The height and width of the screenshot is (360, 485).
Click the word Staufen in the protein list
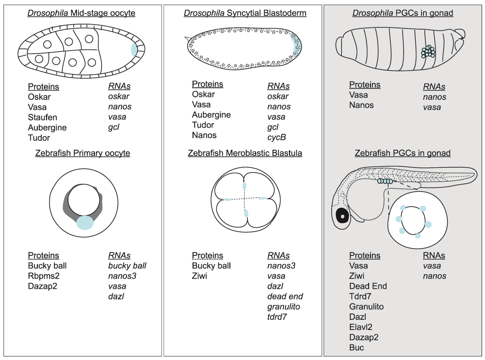click(42, 117)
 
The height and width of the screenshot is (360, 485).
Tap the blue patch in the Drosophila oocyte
click(134, 49)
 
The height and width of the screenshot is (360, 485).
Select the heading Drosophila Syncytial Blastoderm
click(245, 13)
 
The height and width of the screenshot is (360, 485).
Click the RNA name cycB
click(276, 137)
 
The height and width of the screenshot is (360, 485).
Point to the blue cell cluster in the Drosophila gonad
click(428, 52)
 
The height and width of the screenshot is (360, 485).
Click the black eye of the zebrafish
click(342, 216)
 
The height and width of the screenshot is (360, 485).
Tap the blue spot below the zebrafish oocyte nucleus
click(85, 223)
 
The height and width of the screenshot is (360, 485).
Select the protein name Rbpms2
click(44, 276)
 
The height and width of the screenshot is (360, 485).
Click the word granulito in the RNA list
click(284, 307)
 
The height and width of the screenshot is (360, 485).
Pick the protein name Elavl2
click(361, 327)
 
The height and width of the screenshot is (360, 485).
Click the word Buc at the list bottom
click(356, 347)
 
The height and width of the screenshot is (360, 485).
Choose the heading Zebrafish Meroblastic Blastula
click(245, 153)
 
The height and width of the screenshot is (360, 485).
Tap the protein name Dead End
click(368, 286)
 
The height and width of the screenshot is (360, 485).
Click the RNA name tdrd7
click(277, 317)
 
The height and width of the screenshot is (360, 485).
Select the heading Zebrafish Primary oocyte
click(82, 153)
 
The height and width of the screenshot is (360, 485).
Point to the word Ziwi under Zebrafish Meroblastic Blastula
click(199, 276)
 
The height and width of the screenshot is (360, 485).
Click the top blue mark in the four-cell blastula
click(244, 186)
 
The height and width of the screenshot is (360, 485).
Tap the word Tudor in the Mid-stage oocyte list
click(39, 138)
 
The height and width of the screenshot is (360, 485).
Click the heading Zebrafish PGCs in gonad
click(403, 153)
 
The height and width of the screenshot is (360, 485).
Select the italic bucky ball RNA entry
click(127, 266)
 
